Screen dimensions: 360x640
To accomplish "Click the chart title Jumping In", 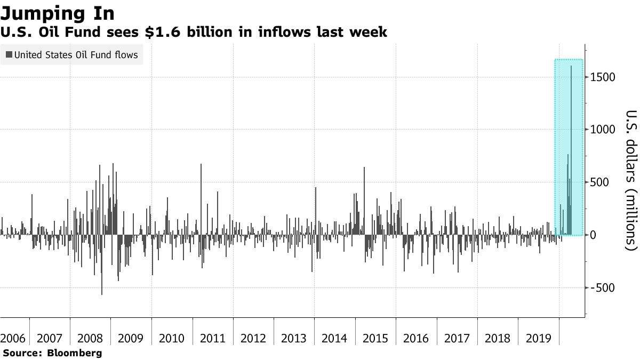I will pos(58,12).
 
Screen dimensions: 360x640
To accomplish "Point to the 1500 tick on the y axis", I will pos(602,77).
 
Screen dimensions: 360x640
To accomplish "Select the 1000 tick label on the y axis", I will pos(602,130).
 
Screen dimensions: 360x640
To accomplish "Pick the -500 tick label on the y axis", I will pos(602,288).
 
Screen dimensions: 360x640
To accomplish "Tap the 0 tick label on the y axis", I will pos(593,235).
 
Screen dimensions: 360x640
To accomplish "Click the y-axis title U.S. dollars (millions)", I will pos(630,180).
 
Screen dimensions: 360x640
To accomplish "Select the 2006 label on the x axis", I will pos(13,338).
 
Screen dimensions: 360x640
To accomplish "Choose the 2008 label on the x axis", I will pos(90,338).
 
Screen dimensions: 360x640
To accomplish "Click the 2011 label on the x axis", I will pos(212,338).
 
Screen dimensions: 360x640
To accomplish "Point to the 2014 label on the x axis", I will pos(334,338).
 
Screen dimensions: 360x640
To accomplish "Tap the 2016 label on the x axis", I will pos(416,338).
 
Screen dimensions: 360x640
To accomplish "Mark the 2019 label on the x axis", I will pos(538,338).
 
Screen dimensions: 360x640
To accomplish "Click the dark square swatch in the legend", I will pos(9,55).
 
